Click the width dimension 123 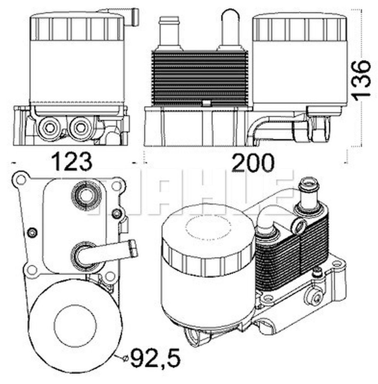coord(72,162)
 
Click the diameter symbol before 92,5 coord(126,358)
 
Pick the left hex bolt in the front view coord(48,128)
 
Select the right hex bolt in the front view coord(79,128)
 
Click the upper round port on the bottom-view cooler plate coord(86,196)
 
